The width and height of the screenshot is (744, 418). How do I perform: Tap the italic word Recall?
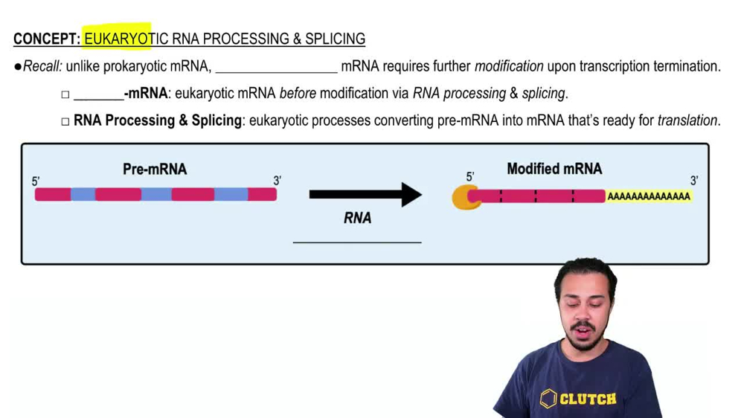[x=42, y=67]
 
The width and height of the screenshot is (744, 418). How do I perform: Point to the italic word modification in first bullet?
[x=509, y=67]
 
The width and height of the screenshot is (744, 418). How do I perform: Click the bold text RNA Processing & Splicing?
[x=158, y=120]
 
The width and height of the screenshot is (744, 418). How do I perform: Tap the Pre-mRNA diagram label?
[x=155, y=170]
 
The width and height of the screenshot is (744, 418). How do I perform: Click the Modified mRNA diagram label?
[x=554, y=169]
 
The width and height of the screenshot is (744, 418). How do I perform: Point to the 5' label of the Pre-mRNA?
[x=36, y=181]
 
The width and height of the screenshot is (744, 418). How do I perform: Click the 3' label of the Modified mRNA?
[x=693, y=181]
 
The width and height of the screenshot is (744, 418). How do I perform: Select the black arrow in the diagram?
[x=365, y=195]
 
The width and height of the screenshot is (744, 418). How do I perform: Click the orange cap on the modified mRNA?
[x=464, y=197]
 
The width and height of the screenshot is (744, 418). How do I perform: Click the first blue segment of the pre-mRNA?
[x=83, y=195]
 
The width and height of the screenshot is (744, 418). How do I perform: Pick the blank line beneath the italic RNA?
[x=357, y=241]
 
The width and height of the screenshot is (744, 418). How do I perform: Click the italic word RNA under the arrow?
[x=357, y=219]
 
